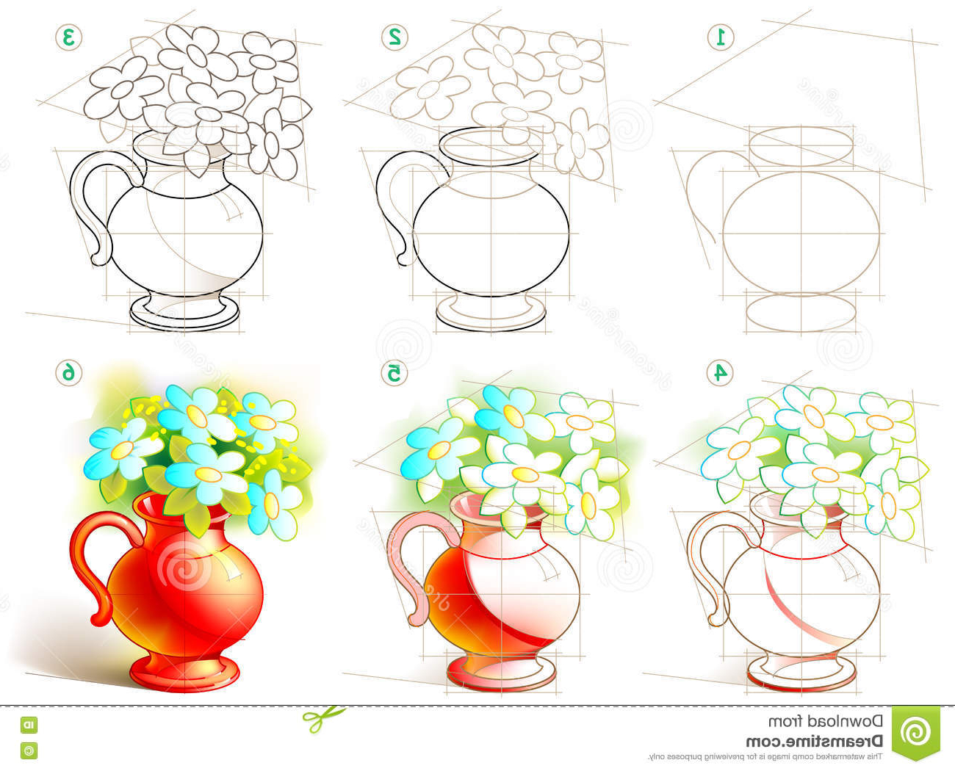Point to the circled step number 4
coord(721,373)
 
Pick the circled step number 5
coord(394,373)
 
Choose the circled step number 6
coord(68,373)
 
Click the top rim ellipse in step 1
coord(801,146)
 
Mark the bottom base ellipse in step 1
coord(801,311)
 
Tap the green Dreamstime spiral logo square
coord(915,731)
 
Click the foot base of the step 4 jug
coord(801,674)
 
